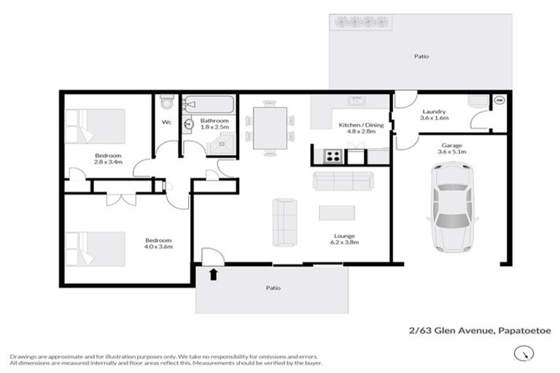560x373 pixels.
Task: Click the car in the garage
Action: [x=452, y=206]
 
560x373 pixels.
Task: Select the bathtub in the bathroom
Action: [x=208, y=103]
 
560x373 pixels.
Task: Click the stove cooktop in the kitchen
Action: [x=332, y=155]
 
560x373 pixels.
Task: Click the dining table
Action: [x=270, y=128]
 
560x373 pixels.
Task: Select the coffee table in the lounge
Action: [x=337, y=213]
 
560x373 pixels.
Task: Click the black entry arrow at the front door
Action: [x=214, y=275]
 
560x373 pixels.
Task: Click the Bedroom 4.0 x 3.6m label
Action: [x=157, y=244]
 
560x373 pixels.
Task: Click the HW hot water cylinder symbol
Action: [x=500, y=100]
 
